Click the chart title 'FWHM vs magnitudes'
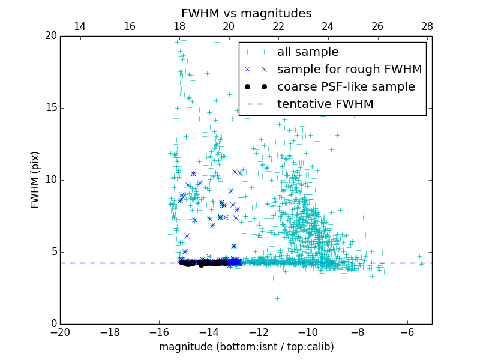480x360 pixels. click(x=246, y=13)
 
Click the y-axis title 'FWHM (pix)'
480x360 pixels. click(x=35, y=180)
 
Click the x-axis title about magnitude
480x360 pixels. click(x=246, y=347)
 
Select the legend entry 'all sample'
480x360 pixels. click(x=308, y=52)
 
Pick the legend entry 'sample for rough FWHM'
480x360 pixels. click(x=349, y=70)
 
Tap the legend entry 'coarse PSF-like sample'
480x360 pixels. click(x=346, y=87)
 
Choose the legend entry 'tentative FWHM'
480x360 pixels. click(x=325, y=104)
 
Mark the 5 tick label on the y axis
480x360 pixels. click(x=53, y=252)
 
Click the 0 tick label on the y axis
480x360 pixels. click(x=53, y=324)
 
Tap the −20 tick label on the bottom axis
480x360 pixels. click(x=60, y=332)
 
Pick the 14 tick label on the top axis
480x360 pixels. click(x=79, y=26)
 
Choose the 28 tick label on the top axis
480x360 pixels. click(x=427, y=26)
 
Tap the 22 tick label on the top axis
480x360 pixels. click(x=278, y=26)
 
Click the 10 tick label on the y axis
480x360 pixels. click(x=50, y=180)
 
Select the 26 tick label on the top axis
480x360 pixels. click(x=377, y=26)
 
